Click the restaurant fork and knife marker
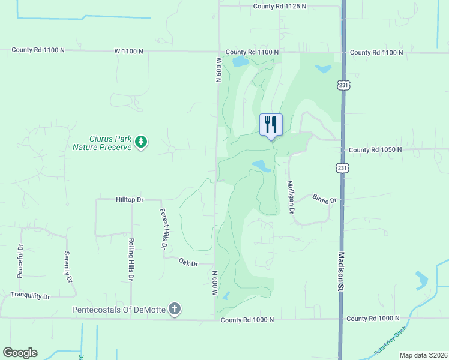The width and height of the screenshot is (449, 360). point(270,124)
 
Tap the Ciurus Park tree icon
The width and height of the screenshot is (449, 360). point(142,142)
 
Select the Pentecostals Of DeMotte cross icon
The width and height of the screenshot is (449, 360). point(174,310)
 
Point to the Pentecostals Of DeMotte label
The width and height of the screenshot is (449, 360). point(119,310)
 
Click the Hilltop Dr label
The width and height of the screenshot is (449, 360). point(130,199)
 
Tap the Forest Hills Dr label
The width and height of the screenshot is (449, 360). point(163,229)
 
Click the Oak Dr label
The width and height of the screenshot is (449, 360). point(188,262)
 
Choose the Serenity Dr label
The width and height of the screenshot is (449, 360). point(68,267)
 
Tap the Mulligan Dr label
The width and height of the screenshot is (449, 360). point(291,197)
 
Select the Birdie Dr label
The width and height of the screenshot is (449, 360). point(325,199)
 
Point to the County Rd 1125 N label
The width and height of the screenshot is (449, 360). point(279,6)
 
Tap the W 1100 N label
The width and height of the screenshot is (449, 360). point(128,51)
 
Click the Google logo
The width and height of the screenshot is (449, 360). point(20,353)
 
